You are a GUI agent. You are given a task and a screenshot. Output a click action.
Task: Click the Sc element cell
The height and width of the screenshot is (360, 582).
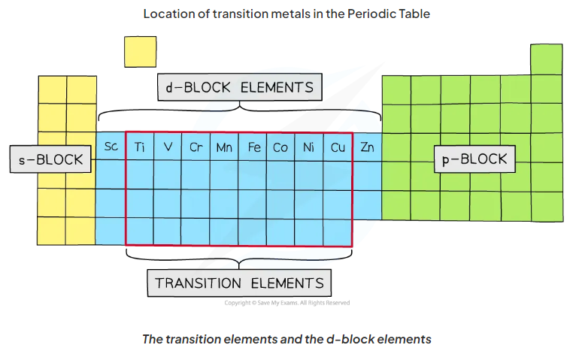pyautogui.click(x=111, y=147)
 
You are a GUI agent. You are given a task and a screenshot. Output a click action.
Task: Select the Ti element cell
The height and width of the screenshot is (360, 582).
pyautogui.click(x=140, y=147)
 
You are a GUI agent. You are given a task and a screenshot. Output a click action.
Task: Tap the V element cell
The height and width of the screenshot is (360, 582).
pyautogui.click(x=168, y=147)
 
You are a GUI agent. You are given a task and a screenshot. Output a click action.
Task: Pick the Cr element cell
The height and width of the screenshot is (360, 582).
pyautogui.click(x=196, y=147)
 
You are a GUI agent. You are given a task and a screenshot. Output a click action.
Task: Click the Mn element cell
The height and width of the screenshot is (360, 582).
pyautogui.click(x=224, y=147)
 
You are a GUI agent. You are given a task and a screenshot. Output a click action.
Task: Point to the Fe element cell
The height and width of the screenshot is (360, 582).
pyautogui.click(x=253, y=147)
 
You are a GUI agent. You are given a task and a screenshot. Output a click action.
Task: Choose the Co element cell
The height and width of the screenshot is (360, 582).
pyautogui.click(x=280, y=147)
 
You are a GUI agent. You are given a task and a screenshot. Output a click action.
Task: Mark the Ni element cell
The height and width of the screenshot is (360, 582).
pyautogui.click(x=308, y=147)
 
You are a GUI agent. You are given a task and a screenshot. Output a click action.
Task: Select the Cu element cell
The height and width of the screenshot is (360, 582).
pyautogui.click(x=338, y=147)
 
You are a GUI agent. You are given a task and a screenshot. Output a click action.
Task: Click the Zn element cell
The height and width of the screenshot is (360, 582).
pyautogui.click(x=367, y=147)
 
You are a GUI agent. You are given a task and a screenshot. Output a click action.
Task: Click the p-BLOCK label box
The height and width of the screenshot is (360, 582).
pyautogui.click(x=475, y=159)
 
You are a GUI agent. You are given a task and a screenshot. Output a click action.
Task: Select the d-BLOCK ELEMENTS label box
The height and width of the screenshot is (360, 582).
pyautogui.click(x=239, y=87)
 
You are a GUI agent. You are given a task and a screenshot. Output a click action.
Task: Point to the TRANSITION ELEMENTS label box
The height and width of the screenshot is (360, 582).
pyautogui.click(x=239, y=283)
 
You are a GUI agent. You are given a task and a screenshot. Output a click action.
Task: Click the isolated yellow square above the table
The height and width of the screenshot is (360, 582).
pyautogui.click(x=141, y=52)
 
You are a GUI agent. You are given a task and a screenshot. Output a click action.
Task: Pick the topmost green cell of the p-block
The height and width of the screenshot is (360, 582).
pyautogui.click(x=546, y=59)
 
